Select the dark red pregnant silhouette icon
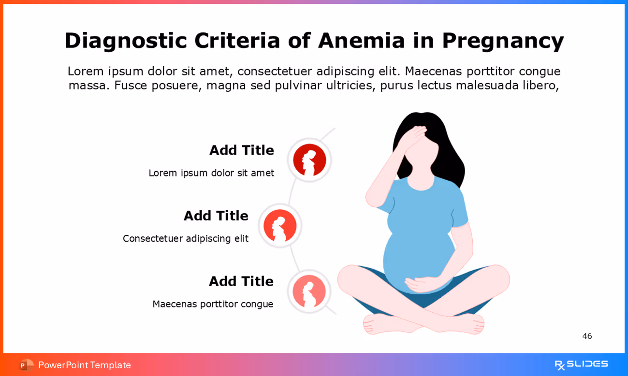309,160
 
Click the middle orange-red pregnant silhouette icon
280,226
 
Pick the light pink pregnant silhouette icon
309,291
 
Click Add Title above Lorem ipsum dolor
241,150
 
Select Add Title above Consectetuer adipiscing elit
216,216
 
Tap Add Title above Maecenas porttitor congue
241,281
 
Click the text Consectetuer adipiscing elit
186,238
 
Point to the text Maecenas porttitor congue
213,304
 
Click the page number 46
587,336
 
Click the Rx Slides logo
581,364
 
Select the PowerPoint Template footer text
85,365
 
